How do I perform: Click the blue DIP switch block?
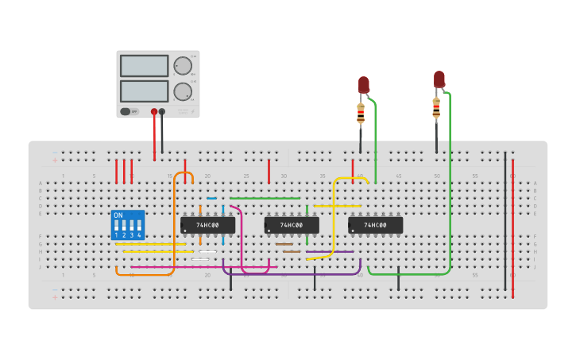(128, 226)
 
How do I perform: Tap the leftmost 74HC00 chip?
(207, 226)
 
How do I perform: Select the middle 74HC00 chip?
(292, 226)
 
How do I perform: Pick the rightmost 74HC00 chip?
(375, 226)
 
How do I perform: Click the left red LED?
(364, 84)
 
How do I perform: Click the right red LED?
(439, 79)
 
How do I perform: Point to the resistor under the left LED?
(361, 114)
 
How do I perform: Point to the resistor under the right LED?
(436, 107)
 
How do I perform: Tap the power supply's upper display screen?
(144, 65)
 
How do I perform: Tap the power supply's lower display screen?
(144, 91)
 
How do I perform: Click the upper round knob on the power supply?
(183, 65)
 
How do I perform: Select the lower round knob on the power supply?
(183, 91)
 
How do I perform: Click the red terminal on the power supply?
(154, 112)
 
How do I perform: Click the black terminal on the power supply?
(162, 112)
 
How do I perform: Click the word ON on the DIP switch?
(118, 215)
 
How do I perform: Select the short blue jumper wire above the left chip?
(211, 198)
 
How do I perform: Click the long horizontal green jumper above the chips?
(265, 198)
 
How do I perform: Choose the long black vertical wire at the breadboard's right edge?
(504, 223)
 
